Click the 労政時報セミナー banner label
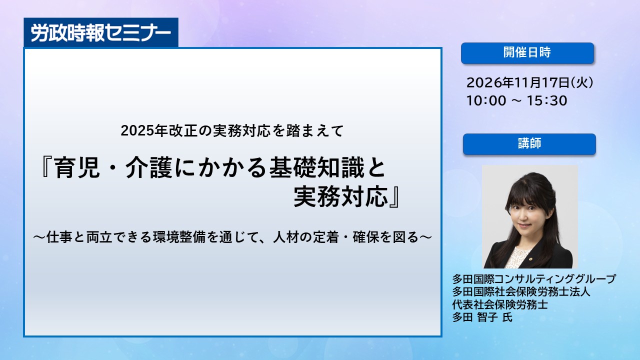coord(101,32)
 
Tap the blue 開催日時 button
coord(527,53)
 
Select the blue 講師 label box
coord(529,144)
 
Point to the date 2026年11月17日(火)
coord(529,82)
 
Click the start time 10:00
coord(486,100)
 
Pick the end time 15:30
coord(547,100)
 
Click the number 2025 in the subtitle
coord(136,131)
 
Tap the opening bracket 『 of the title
coord(47,167)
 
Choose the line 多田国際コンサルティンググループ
coord(533,278)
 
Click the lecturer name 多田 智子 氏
coord(482,317)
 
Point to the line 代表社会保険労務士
coord(500,304)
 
